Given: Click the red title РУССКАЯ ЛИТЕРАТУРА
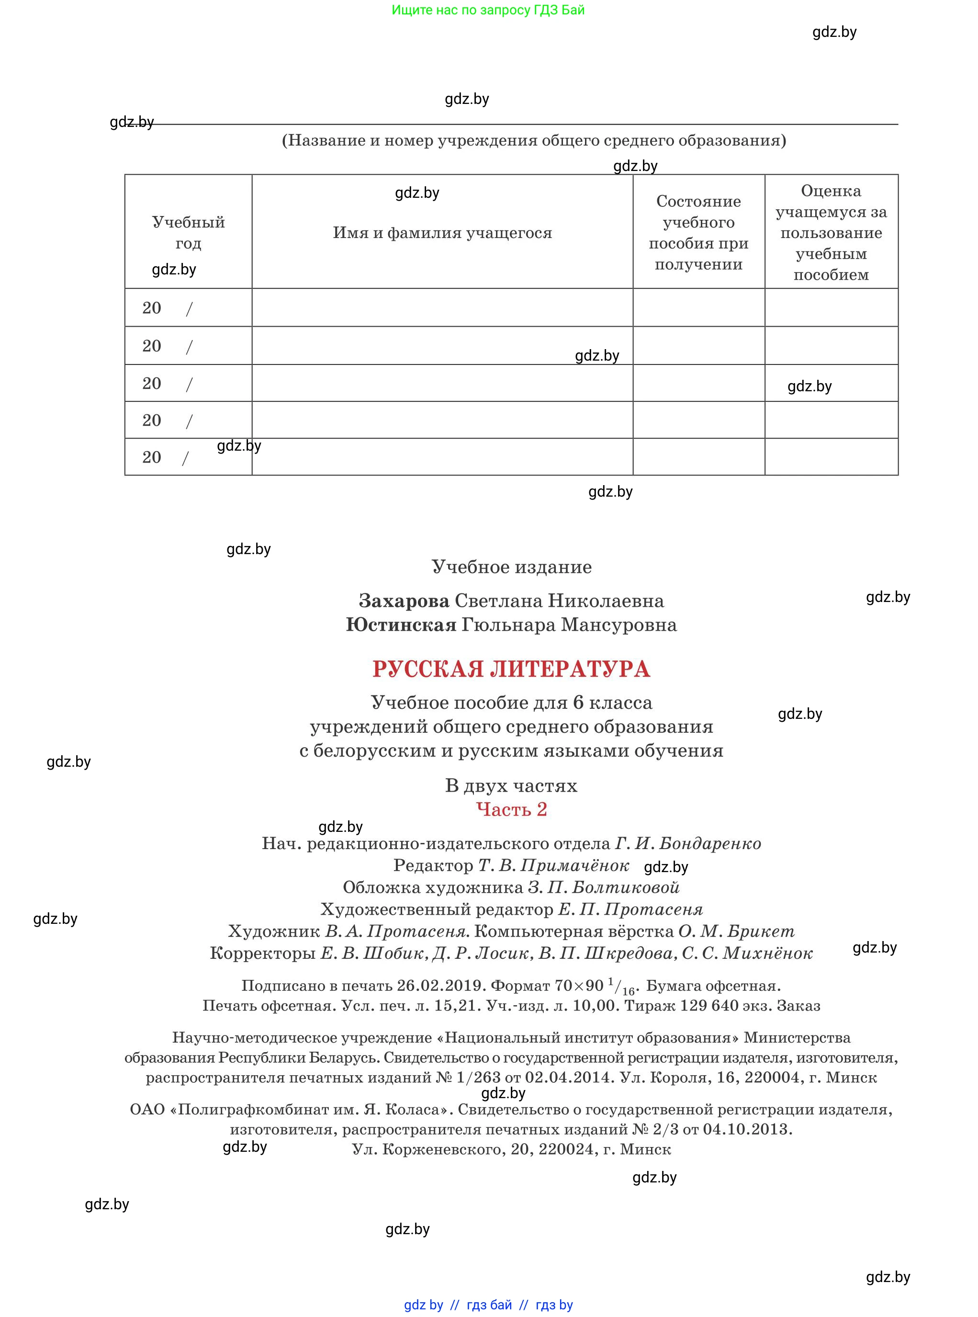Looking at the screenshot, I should (511, 669).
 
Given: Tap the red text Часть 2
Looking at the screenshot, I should (511, 809).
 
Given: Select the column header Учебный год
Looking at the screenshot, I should (188, 232).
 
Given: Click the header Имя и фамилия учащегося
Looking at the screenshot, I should (442, 233).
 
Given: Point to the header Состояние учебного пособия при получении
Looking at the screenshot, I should (698, 233).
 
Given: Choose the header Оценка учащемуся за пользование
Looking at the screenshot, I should (831, 232).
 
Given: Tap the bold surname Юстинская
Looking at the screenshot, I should (401, 625).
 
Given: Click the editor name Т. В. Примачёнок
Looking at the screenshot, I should (553, 865).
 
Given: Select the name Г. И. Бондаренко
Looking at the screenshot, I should (688, 843).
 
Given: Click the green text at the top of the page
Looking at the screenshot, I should (488, 10).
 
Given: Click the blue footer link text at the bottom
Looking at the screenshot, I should (488, 1305).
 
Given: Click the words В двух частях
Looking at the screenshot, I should (511, 786).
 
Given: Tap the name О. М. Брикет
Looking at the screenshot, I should (736, 931).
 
